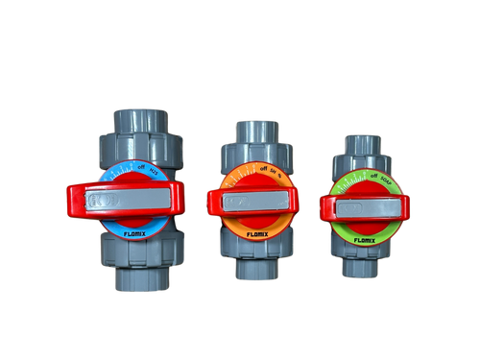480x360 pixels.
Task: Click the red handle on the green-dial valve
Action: tap(326, 203)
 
